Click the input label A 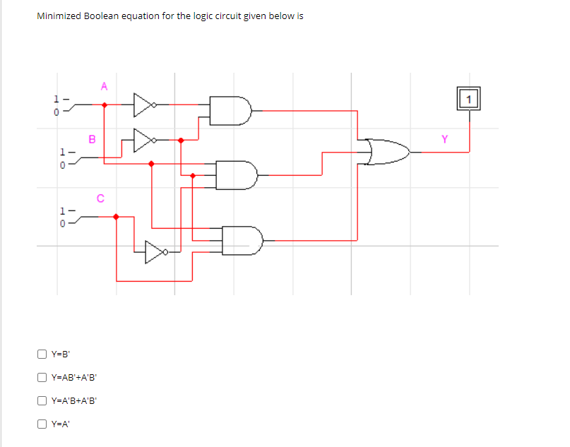click(104, 87)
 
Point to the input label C click(100, 198)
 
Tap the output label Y click(444, 139)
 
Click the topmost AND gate click(232, 111)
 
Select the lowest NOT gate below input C click(155, 251)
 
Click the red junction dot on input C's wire click(117, 217)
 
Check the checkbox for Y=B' click(42, 354)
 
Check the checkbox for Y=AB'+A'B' click(42, 377)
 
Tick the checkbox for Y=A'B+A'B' click(42, 400)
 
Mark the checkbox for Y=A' click(42, 424)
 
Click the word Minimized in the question click(59, 16)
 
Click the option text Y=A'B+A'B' click(73, 400)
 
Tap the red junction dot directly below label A click(105, 105)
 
